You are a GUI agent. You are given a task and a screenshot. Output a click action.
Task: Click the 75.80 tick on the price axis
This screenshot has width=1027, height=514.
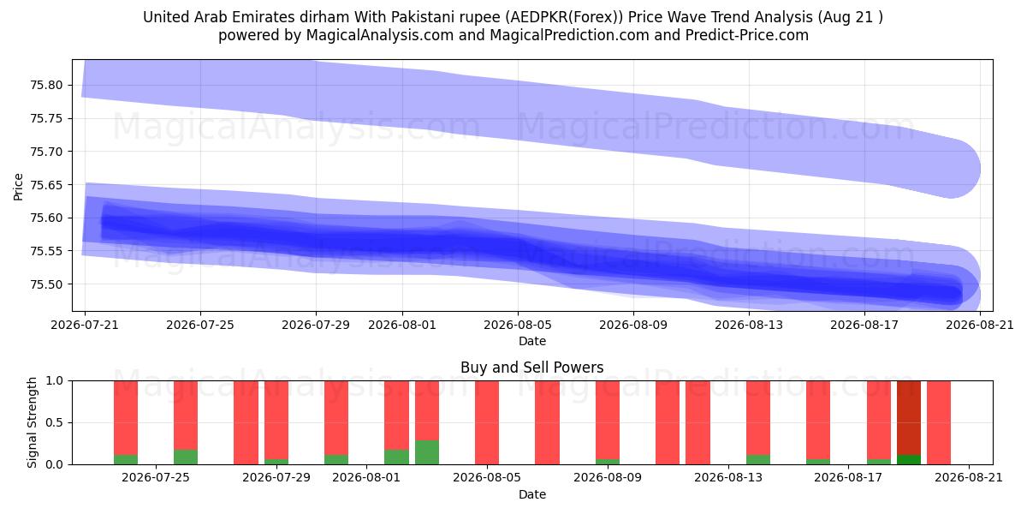(x=46, y=86)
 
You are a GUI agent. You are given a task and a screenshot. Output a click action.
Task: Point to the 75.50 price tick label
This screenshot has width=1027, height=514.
(x=46, y=284)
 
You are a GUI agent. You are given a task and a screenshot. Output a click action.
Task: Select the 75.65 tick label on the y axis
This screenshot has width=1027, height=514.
(x=46, y=185)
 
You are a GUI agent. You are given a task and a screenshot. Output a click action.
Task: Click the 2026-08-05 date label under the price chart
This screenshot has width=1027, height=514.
(x=518, y=325)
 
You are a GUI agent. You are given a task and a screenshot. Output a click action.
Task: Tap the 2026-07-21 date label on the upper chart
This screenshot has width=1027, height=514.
(x=85, y=325)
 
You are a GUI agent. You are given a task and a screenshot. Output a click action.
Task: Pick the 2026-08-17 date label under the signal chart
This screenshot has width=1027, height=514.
(x=848, y=478)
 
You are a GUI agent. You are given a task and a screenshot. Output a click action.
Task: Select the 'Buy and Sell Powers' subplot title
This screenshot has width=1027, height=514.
(x=531, y=368)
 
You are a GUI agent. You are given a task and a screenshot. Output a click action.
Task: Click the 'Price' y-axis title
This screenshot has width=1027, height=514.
(x=18, y=188)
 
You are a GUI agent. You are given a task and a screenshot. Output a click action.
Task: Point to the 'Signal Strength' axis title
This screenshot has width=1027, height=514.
(x=32, y=422)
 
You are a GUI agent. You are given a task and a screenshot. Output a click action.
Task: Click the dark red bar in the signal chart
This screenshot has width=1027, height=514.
(x=909, y=418)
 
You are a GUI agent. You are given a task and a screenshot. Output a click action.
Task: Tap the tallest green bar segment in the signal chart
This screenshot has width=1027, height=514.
(x=427, y=452)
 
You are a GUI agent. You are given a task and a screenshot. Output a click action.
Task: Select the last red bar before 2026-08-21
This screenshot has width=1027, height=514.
(x=939, y=422)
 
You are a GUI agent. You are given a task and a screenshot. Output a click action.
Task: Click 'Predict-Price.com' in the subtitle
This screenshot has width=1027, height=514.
(x=747, y=35)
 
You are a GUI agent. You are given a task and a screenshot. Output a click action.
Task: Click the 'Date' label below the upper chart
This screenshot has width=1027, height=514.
(x=531, y=342)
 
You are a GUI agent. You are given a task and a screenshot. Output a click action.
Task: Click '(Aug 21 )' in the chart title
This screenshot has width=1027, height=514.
(x=851, y=17)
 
